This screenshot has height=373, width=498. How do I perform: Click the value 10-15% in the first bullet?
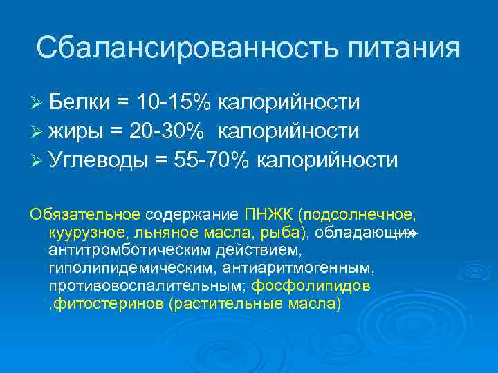coord(174,102)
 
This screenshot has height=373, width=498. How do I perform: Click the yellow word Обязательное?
coord(85,213)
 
